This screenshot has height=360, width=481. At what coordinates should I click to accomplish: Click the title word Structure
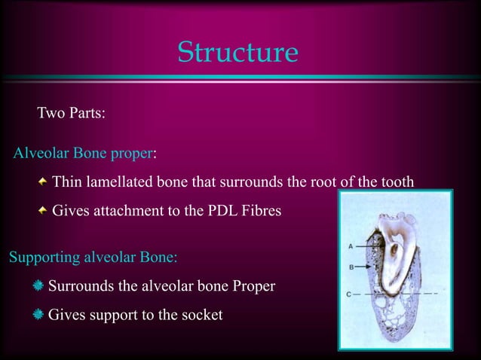[237, 52]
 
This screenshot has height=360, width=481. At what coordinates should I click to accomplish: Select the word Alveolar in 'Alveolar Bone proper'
[41, 154]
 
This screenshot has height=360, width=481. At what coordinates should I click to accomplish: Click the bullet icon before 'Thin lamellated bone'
[42, 182]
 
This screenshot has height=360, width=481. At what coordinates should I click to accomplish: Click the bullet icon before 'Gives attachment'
[42, 211]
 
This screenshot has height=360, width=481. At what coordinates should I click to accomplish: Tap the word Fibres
[262, 211]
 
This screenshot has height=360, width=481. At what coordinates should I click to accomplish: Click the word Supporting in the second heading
[41, 258]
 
